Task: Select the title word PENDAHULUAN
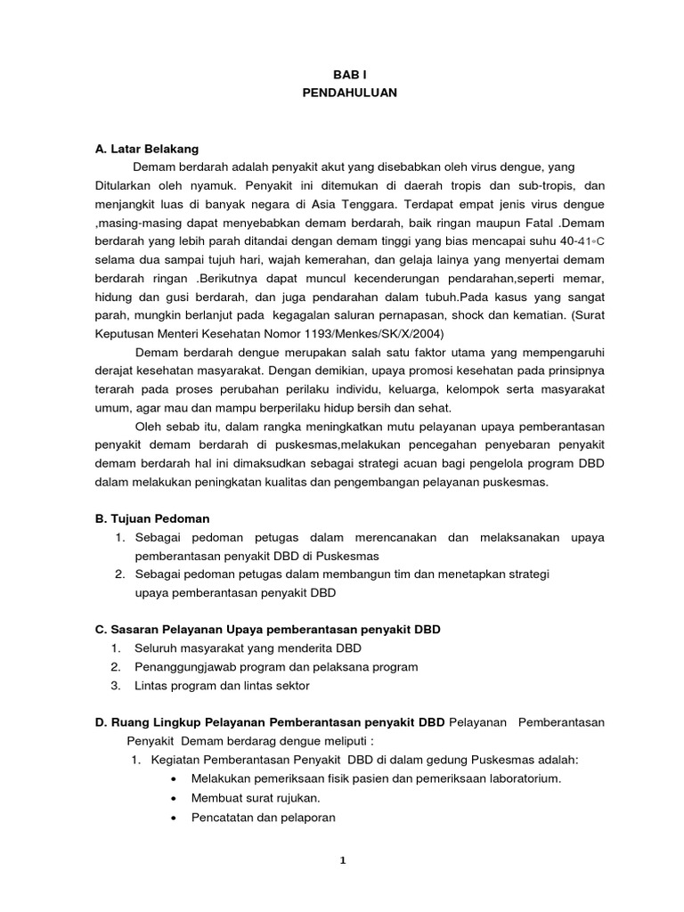tap(342, 94)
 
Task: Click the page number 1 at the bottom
tap(342, 859)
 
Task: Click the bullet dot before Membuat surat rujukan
tap(172, 798)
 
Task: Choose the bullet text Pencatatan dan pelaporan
tap(264, 817)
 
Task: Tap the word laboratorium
tap(526, 778)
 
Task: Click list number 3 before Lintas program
tap(116, 685)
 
